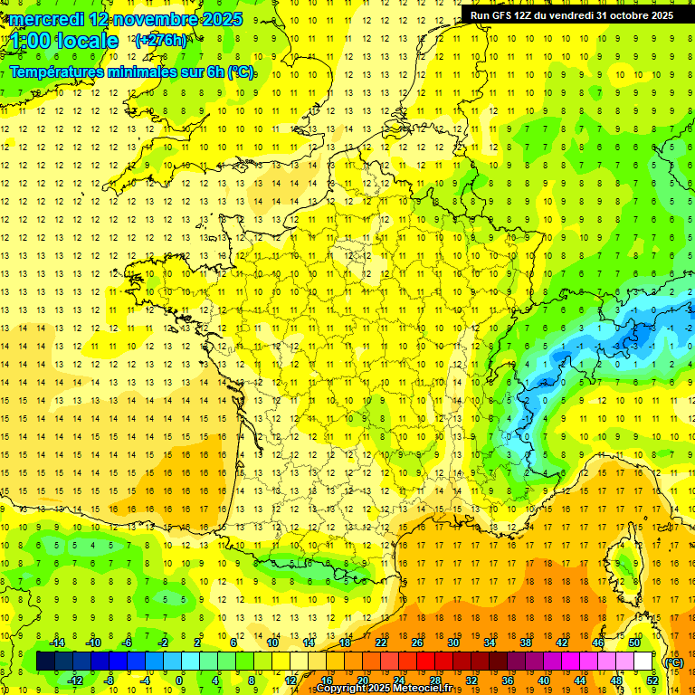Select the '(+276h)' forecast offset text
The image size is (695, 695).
click(x=160, y=40)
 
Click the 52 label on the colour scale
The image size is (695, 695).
click(x=652, y=680)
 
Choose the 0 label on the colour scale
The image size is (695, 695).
click(x=179, y=680)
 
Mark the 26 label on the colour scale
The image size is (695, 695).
click(x=417, y=643)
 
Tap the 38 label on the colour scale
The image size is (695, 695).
click(x=526, y=643)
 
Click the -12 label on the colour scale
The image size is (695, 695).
click(x=75, y=680)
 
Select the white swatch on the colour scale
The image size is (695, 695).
click(x=643, y=662)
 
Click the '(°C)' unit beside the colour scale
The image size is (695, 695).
click(x=673, y=662)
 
